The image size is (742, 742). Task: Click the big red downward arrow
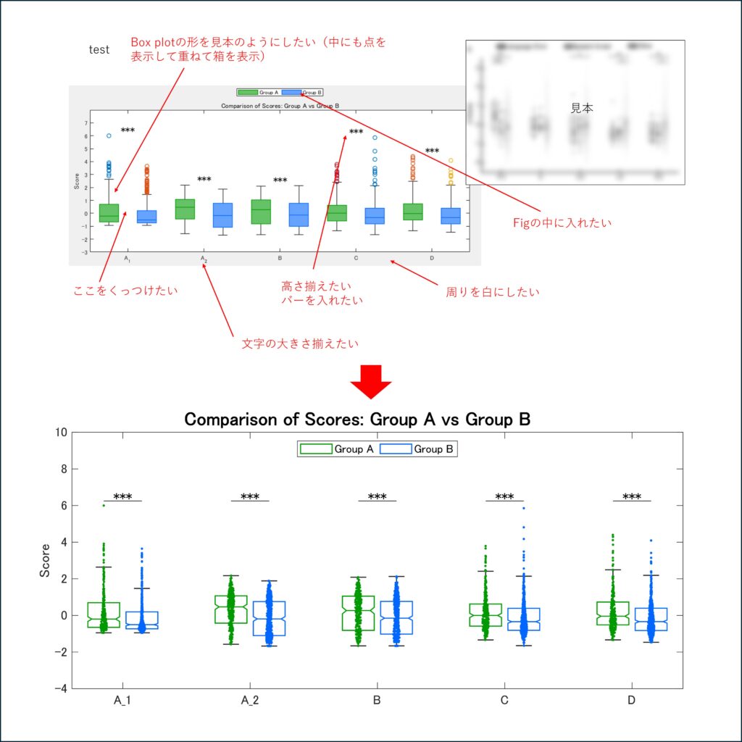pyautogui.click(x=370, y=381)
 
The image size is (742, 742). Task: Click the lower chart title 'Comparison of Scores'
pyautogui.click(x=357, y=420)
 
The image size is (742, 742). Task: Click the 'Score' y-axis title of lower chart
pyautogui.click(x=46, y=560)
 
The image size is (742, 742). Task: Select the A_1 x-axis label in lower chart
pyautogui.click(x=122, y=701)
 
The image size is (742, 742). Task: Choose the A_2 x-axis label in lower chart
pyautogui.click(x=249, y=701)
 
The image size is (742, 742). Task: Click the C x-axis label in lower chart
pyautogui.click(x=504, y=701)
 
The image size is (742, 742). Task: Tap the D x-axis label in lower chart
pyautogui.click(x=632, y=701)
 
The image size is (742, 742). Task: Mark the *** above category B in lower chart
pyautogui.click(x=377, y=497)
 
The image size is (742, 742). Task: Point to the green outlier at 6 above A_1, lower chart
pyautogui.click(x=104, y=505)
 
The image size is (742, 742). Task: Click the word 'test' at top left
pyautogui.click(x=99, y=50)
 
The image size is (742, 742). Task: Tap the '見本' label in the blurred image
pyautogui.click(x=582, y=108)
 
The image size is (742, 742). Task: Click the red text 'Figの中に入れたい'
pyautogui.click(x=562, y=223)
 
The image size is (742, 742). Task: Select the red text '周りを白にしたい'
pyautogui.click(x=493, y=292)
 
